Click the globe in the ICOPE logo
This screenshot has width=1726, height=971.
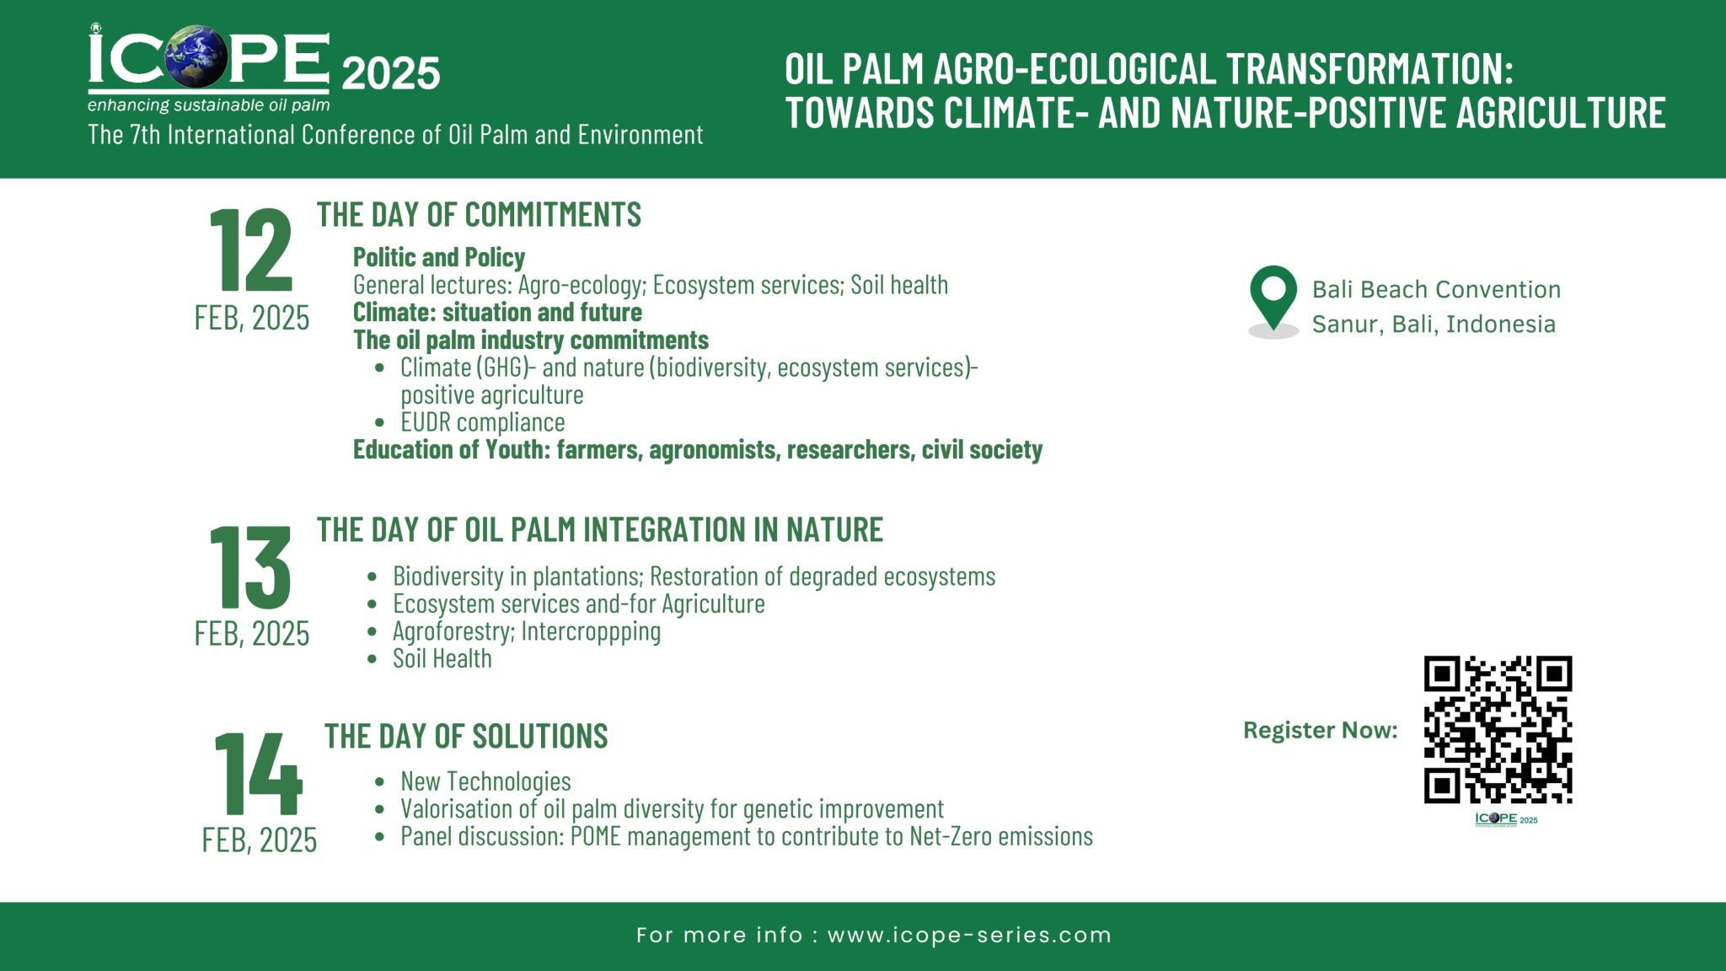[x=196, y=57]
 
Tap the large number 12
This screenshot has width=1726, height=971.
[x=250, y=250]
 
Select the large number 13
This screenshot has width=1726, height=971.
[x=250, y=566]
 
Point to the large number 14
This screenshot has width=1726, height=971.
[x=258, y=773]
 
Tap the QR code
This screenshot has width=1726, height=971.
[x=1498, y=729]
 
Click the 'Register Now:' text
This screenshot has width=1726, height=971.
[x=1320, y=730]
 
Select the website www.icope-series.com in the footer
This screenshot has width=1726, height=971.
[x=969, y=935]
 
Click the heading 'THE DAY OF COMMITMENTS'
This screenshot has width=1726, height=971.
[x=479, y=215]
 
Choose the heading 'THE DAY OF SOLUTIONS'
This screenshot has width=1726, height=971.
[x=466, y=737]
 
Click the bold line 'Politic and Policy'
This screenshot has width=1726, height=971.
[x=438, y=257]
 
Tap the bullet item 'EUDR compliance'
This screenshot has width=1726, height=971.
[x=482, y=422]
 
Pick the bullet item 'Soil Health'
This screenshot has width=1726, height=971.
[x=442, y=659]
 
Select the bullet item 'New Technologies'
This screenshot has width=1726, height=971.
[x=485, y=781]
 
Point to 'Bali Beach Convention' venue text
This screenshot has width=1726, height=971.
[x=1436, y=289]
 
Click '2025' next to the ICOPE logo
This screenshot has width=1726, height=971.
[x=390, y=74]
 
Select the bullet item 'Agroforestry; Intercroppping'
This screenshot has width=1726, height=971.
[x=526, y=631]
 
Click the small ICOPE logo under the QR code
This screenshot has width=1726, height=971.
[x=1505, y=819]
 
